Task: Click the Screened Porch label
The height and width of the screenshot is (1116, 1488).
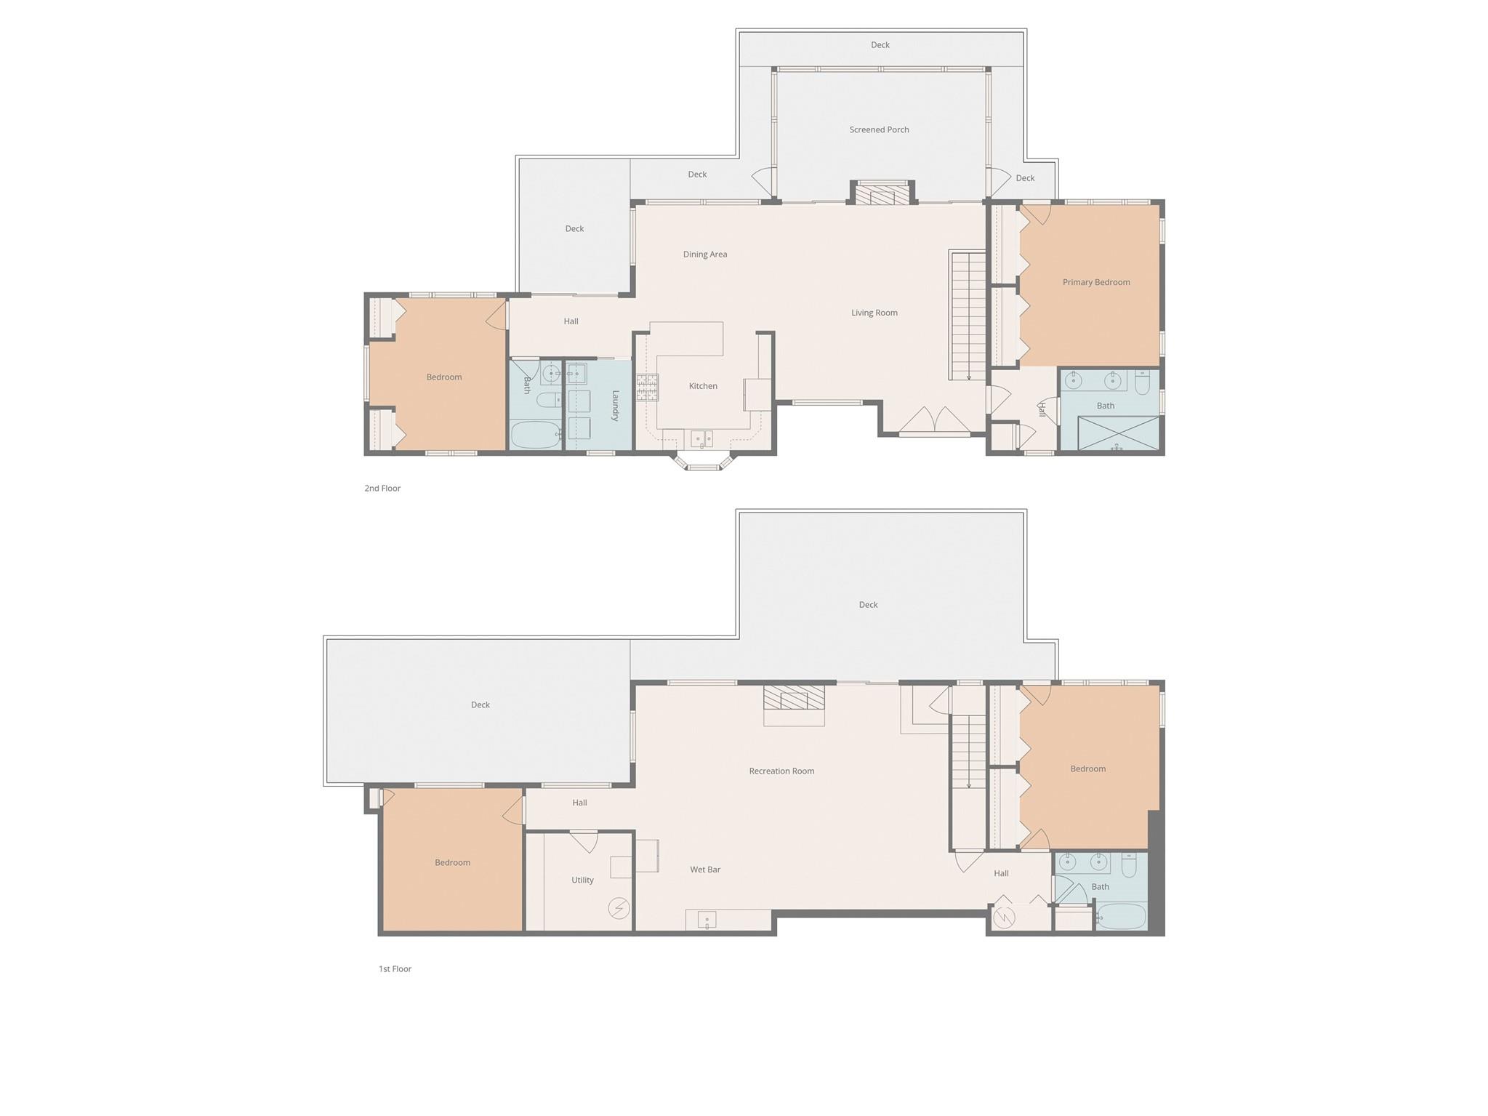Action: click(x=879, y=130)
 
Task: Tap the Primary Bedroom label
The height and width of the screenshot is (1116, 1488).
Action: click(x=1095, y=282)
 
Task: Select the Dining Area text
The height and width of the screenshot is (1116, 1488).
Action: click(x=704, y=254)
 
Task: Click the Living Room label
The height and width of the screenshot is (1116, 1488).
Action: click(x=874, y=313)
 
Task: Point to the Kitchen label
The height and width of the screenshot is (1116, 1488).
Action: click(x=703, y=386)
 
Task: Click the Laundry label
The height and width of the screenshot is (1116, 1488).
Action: click(x=615, y=406)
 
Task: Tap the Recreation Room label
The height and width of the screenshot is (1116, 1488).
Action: click(x=781, y=771)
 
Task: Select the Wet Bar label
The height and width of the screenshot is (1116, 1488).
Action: click(x=704, y=870)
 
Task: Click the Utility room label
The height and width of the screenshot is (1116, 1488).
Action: click(x=582, y=880)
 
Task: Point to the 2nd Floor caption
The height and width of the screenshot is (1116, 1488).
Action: click(x=382, y=489)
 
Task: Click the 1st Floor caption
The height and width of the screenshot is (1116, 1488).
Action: click(x=395, y=969)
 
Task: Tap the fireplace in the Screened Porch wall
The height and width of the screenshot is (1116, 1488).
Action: click(x=882, y=195)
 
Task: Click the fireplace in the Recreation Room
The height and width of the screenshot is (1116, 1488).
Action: click(x=794, y=699)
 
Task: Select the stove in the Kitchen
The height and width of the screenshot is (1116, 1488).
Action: click(x=647, y=388)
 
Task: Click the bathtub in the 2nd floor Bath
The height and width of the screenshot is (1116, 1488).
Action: click(x=535, y=435)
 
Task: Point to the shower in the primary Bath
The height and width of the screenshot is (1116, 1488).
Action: click(x=1117, y=434)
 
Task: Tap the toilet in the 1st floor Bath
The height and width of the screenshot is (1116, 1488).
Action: click(x=1128, y=865)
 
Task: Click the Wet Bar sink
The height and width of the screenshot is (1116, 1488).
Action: click(x=707, y=920)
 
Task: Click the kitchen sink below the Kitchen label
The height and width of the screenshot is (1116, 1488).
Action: click(x=701, y=438)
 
